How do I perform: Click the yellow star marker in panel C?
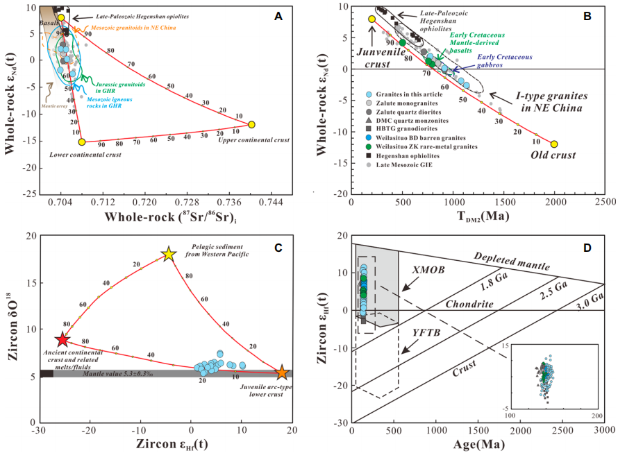point(167,254)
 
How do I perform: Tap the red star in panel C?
point(62,339)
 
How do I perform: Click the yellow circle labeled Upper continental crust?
point(251,124)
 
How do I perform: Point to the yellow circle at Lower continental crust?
point(82,142)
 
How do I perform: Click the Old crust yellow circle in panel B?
point(554,144)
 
